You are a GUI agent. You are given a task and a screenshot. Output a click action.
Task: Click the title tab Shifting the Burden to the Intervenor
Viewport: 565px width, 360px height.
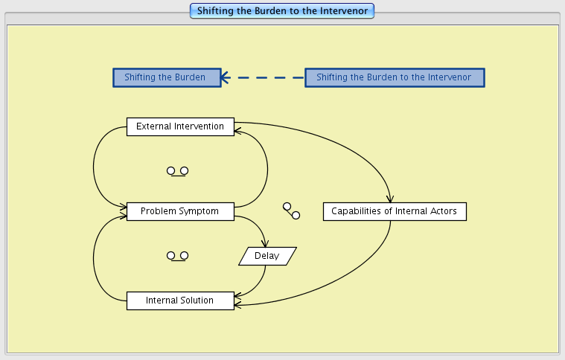(282, 10)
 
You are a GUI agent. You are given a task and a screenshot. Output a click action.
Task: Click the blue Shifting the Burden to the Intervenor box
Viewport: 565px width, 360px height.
(394, 77)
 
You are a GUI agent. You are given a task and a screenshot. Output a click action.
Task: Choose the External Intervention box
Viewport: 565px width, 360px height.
(180, 126)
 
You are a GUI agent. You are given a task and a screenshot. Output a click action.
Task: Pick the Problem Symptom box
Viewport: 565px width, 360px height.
(180, 211)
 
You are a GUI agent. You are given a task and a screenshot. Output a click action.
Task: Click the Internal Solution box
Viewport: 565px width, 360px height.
(180, 300)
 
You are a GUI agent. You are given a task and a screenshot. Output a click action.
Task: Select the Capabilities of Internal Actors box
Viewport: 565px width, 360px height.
(395, 211)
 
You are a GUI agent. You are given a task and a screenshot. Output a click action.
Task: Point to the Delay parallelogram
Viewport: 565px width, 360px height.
(267, 256)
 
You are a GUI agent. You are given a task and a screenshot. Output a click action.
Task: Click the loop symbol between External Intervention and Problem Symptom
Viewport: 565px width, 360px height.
(177, 171)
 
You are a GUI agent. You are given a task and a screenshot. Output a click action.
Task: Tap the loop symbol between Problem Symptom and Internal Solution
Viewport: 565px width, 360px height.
(177, 256)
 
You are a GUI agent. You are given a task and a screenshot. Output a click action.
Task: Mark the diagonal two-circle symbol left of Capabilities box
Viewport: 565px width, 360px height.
(291, 210)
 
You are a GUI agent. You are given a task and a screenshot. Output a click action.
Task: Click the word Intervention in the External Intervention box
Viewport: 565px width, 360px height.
(199, 126)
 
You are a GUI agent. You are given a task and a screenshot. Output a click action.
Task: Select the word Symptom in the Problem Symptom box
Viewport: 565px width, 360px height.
(199, 211)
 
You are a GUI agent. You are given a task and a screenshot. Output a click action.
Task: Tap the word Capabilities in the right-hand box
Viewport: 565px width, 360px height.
(354, 211)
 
